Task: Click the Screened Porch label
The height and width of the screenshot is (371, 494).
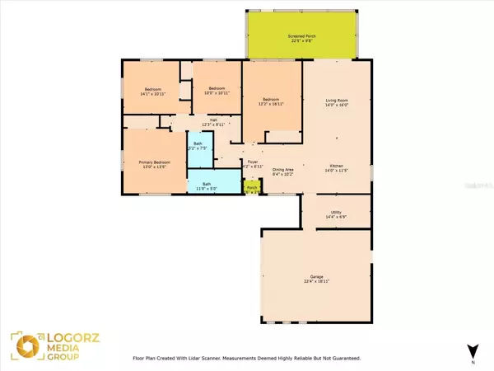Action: tap(302, 36)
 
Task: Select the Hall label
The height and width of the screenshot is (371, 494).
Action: tap(213, 120)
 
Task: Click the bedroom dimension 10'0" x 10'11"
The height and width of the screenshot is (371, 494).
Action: tap(217, 92)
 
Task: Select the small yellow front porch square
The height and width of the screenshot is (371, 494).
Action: tap(252, 189)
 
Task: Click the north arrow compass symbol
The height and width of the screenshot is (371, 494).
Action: tap(471, 351)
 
